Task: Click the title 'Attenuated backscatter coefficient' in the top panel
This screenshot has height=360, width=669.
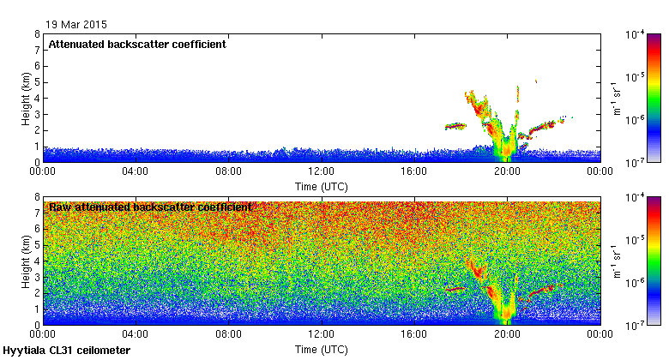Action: click(137, 45)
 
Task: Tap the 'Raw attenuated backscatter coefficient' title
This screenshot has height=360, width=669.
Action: click(150, 207)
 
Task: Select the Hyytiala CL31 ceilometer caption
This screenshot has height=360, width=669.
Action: click(67, 351)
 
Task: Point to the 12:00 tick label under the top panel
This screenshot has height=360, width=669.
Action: click(321, 171)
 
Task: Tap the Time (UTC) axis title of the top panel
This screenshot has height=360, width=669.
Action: click(321, 186)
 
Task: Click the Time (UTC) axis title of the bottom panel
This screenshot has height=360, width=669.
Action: click(321, 349)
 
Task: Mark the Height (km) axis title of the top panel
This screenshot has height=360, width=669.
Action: click(27, 98)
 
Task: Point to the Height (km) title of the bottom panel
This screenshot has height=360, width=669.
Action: click(27, 261)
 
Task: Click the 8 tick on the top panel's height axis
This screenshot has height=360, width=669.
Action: click(37, 34)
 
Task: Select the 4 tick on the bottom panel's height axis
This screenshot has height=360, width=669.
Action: click(37, 261)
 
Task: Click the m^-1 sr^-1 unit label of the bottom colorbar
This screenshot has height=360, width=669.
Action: click(615, 261)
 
